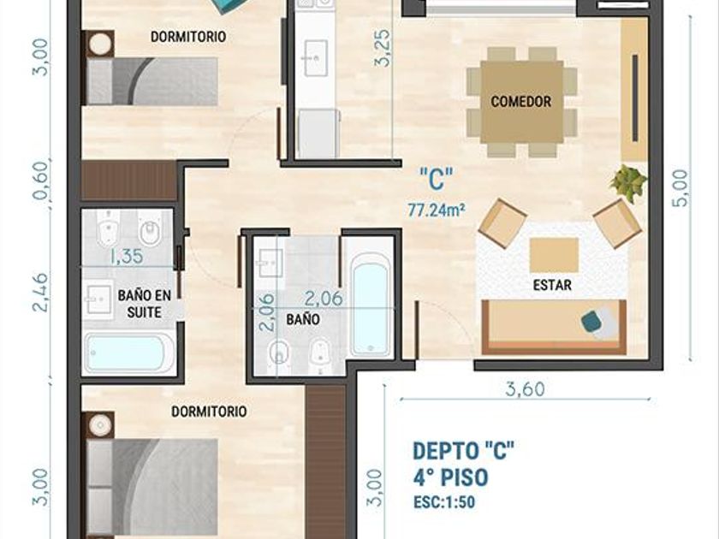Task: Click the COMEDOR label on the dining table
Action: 521,101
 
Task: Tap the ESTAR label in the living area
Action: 552,285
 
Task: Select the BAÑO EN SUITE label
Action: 145,304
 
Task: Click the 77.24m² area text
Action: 437,210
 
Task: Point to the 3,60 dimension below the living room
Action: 525,389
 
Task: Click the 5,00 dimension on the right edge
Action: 681,188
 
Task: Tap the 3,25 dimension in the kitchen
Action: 383,49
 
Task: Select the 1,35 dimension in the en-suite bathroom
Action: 127,256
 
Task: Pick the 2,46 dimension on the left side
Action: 41,293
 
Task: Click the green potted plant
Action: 628,182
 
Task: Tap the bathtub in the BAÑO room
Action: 371,305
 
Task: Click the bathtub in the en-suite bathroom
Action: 130,352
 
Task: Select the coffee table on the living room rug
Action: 554,255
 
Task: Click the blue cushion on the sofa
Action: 594,320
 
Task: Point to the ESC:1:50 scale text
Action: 444,502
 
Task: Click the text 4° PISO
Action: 450,478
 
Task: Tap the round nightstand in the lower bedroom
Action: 100,424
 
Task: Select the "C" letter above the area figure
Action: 437,179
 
